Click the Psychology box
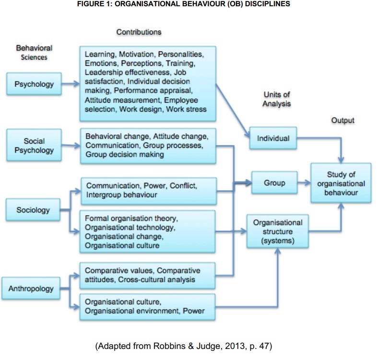34,84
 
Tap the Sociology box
34,210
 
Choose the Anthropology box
30,289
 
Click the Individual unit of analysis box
273,138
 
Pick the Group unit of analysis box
274,183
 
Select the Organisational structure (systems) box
278,231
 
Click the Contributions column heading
139,32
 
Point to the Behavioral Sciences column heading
34,53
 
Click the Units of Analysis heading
277,99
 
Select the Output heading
342,120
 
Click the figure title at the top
188,4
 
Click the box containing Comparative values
148,275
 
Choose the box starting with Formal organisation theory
148,231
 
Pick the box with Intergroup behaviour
148,190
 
